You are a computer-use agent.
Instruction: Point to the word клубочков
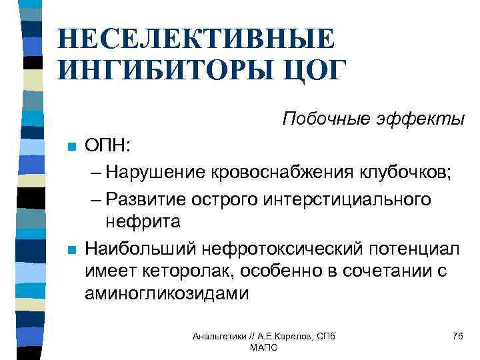[410, 173]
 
